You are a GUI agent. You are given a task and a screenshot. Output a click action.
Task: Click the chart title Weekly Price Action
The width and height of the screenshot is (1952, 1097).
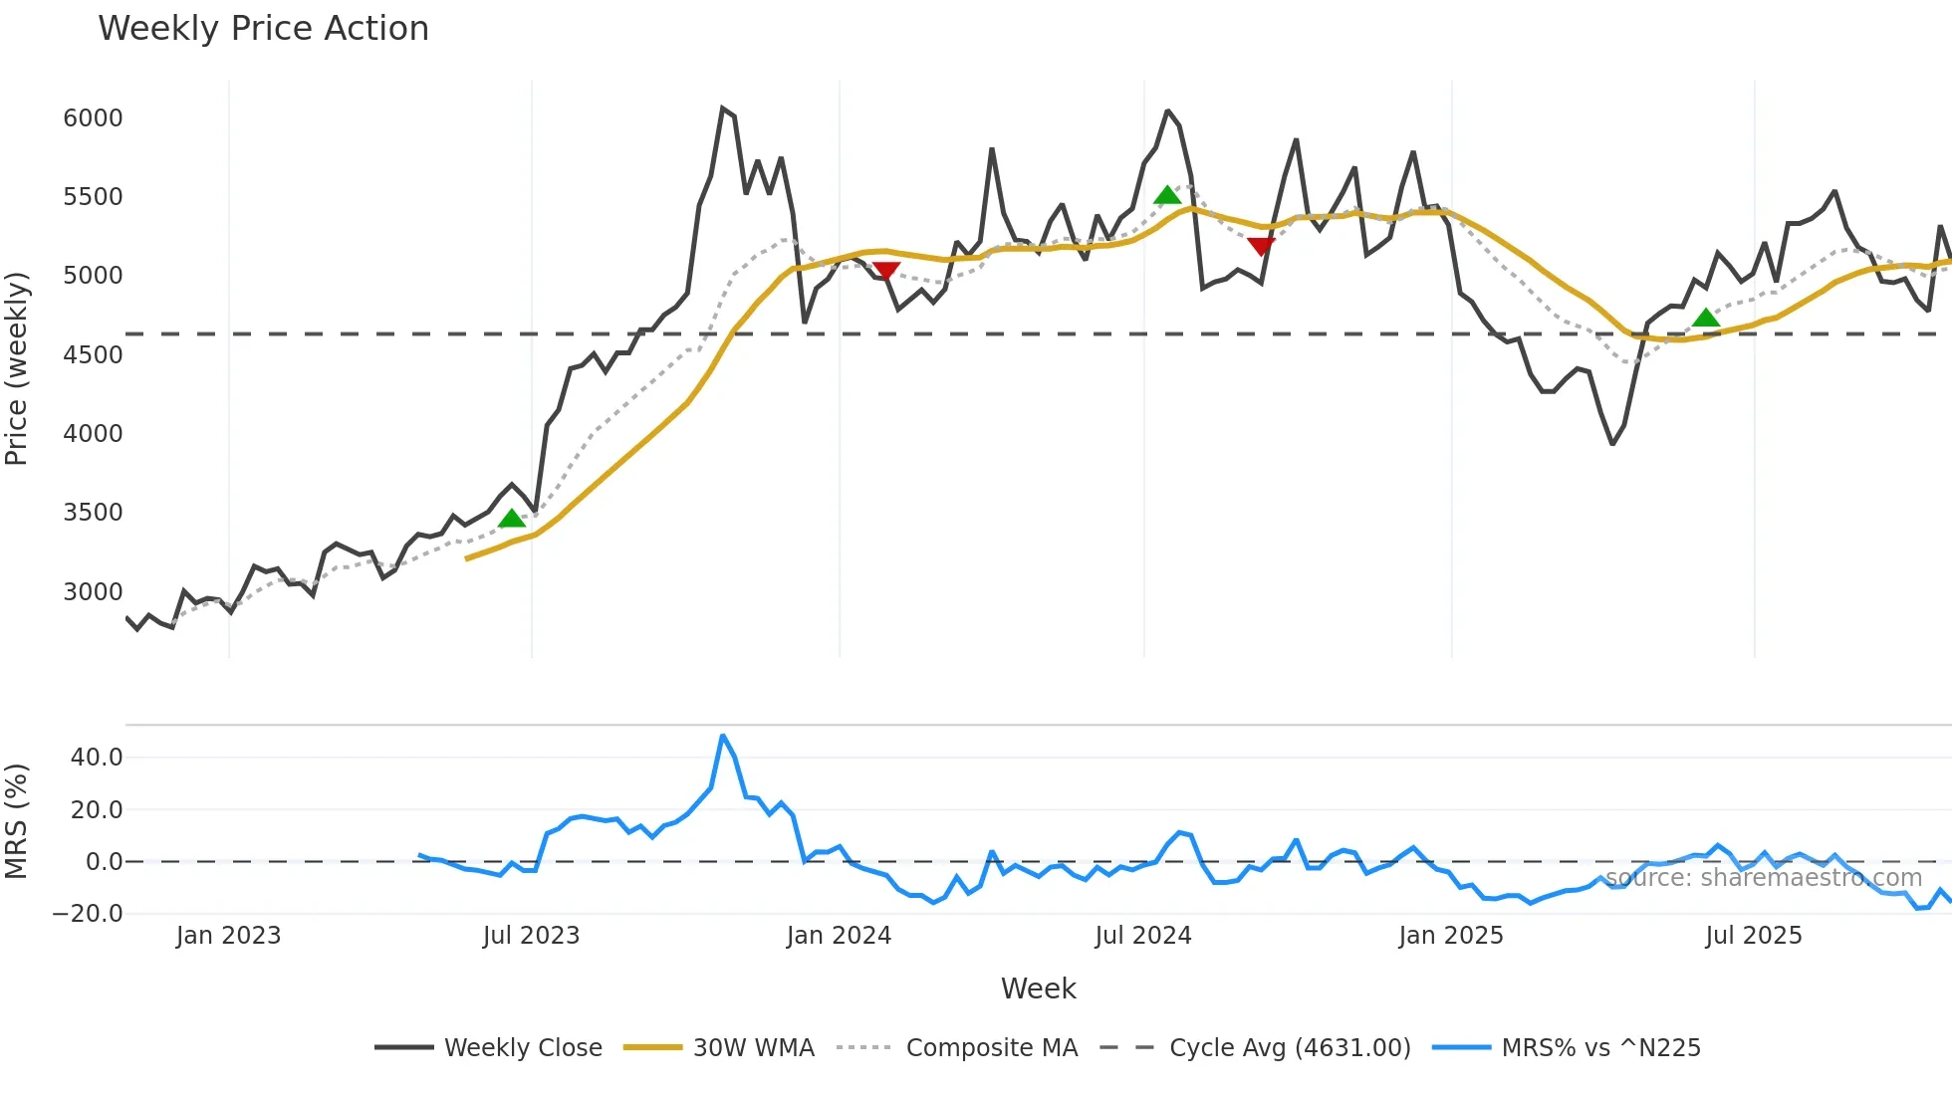pos(263,29)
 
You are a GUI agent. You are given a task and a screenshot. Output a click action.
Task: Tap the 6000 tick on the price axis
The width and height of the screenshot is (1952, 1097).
pos(93,118)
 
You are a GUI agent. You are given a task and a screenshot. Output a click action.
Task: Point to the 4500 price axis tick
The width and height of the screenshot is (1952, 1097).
pos(93,355)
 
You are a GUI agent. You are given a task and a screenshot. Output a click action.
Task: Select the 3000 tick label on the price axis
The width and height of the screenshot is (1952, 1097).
pos(93,592)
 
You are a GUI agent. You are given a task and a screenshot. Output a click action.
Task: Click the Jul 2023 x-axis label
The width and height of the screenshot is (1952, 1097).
pos(531,936)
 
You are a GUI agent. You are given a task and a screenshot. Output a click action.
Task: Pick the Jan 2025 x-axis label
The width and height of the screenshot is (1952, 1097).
pos(1450,936)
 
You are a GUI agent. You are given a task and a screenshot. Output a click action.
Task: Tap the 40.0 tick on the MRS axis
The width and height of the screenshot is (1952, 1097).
pos(97,758)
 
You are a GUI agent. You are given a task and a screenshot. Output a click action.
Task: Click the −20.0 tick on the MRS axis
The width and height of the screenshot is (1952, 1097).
pos(88,914)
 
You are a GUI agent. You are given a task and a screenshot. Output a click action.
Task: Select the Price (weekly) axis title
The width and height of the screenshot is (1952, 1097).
pos(17,368)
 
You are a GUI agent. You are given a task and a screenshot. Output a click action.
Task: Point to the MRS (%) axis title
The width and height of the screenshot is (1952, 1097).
pos(17,821)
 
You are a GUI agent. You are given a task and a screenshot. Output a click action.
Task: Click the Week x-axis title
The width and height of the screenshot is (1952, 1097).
pos(1038,988)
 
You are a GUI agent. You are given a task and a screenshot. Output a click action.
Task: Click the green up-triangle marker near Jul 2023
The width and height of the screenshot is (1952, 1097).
pos(512,519)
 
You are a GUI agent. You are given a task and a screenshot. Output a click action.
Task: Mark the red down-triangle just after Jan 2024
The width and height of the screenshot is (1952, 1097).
pos(885,271)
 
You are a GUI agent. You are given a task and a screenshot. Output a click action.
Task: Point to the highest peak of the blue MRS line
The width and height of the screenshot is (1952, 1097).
pos(723,737)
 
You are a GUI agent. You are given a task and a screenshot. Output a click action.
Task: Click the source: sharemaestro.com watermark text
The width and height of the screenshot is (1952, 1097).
pos(1763,878)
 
